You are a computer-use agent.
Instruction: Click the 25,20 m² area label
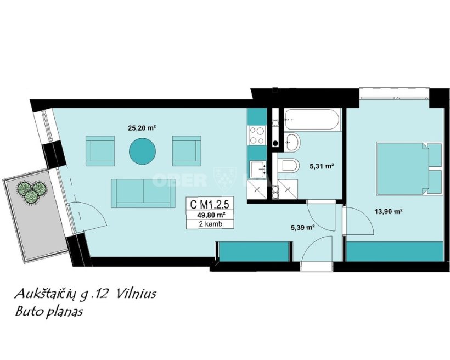(x=142, y=128)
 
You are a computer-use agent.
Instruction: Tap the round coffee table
(x=142, y=151)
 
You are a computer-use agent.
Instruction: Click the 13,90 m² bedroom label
(x=388, y=212)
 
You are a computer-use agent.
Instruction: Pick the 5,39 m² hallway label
(x=303, y=228)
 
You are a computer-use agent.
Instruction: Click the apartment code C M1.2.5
(x=209, y=204)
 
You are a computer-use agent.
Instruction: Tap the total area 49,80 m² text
(x=210, y=215)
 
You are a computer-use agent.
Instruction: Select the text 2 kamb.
(x=211, y=224)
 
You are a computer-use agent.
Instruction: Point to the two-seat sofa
(x=143, y=193)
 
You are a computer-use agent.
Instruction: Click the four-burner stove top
(x=257, y=135)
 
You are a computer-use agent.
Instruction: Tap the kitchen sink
(x=258, y=170)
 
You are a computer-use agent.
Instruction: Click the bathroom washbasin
(x=292, y=142)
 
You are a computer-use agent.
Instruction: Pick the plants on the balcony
(x=31, y=190)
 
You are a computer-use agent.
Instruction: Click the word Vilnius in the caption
(x=136, y=294)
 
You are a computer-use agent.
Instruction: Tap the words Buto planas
(x=49, y=311)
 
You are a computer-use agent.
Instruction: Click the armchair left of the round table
(x=100, y=151)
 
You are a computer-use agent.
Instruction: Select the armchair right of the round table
(x=187, y=151)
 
